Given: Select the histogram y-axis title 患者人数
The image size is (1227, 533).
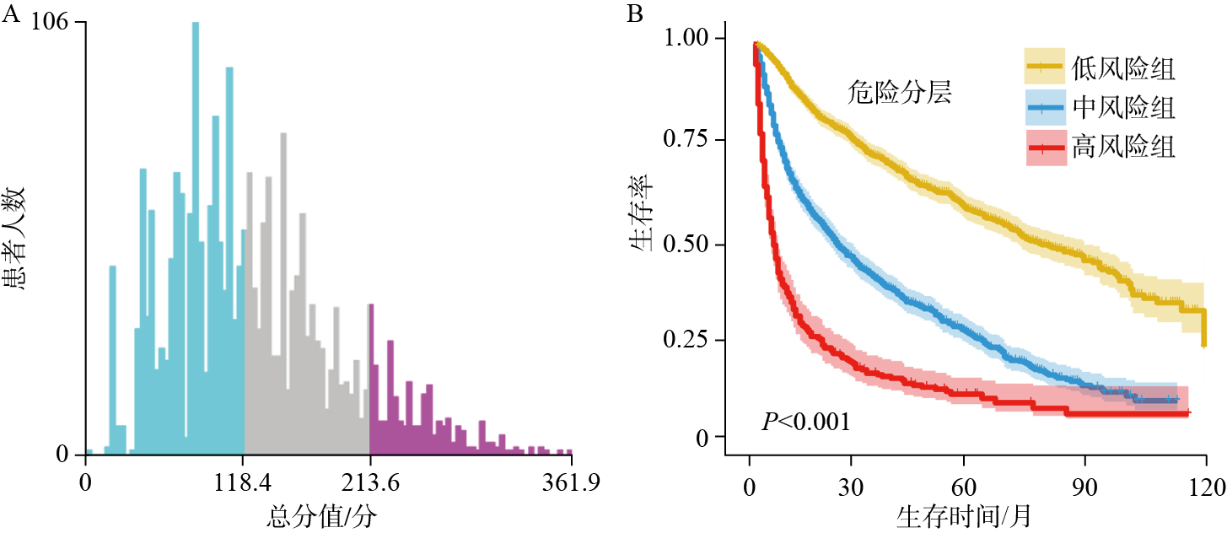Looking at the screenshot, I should click(x=18, y=239).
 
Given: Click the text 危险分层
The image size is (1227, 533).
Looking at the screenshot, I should click(x=900, y=93).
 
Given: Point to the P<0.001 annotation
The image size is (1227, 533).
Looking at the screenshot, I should click(x=806, y=422).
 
